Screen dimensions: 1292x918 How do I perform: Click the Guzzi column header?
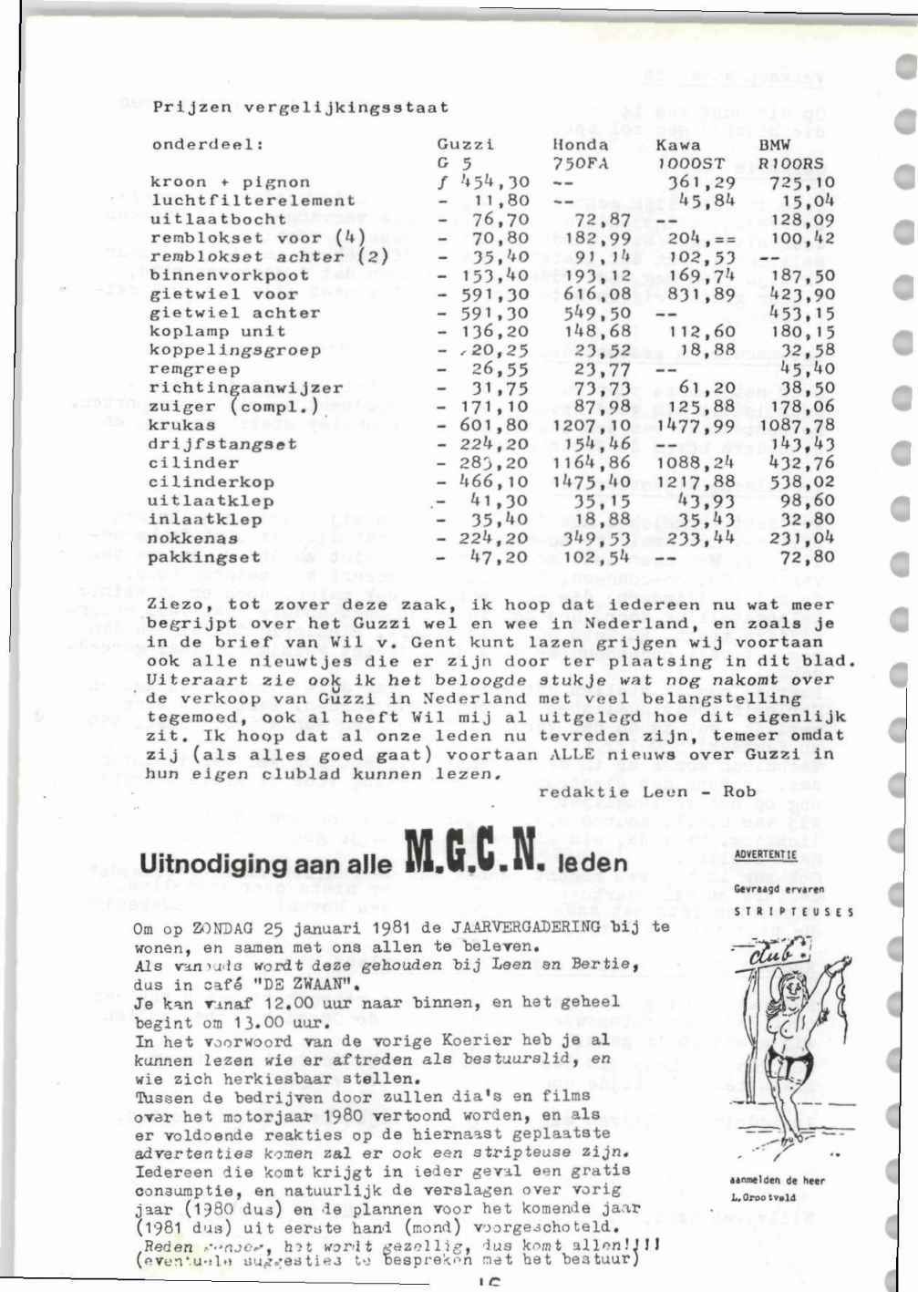[x=465, y=145]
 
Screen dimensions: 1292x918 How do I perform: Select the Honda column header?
[x=581, y=144]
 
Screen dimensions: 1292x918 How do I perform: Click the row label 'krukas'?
[x=182, y=425]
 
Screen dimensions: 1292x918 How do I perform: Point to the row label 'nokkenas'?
[x=192, y=538]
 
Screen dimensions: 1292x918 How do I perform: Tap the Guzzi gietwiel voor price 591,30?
[x=493, y=295]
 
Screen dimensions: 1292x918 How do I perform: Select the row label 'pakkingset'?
[x=204, y=557]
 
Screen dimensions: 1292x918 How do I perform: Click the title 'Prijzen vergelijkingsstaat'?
[x=301, y=108]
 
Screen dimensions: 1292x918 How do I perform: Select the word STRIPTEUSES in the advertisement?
[x=794, y=911]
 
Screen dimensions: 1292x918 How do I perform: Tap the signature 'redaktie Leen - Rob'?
[x=647, y=791]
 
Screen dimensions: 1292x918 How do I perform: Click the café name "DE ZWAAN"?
[x=303, y=985]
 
